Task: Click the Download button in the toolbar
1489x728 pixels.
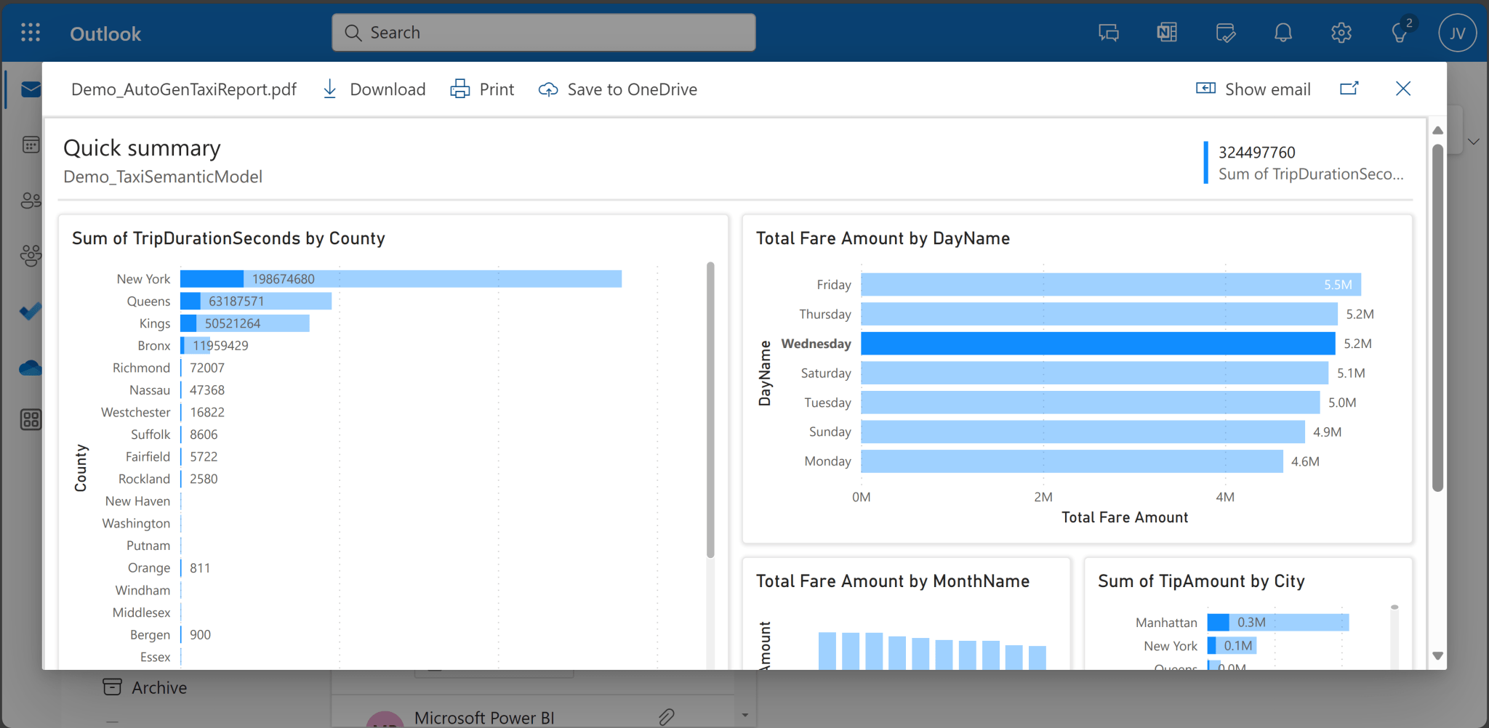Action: [x=374, y=89]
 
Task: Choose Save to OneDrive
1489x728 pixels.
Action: [x=618, y=89]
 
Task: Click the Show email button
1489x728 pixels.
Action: [x=1253, y=89]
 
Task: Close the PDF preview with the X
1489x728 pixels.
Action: [x=1403, y=89]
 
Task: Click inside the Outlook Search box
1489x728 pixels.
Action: [x=544, y=33]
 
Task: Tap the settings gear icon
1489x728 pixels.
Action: [x=1341, y=33]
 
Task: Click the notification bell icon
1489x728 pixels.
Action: [x=1283, y=33]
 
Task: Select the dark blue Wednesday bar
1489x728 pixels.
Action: [x=1098, y=344]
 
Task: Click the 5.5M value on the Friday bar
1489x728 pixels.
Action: [x=1338, y=285]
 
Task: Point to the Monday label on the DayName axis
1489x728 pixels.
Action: [x=827, y=461]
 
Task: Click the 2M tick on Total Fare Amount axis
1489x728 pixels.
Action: [x=1043, y=497]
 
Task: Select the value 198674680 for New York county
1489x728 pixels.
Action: [x=284, y=279]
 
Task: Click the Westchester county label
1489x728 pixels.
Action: [x=136, y=413]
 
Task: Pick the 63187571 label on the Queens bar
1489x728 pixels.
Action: [x=236, y=302]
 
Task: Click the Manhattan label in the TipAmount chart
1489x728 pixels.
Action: [x=1166, y=623]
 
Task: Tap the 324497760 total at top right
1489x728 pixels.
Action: [x=1257, y=153]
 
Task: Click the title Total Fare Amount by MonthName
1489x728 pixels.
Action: [x=893, y=581]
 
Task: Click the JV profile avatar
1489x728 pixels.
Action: [x=1457, y=33]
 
